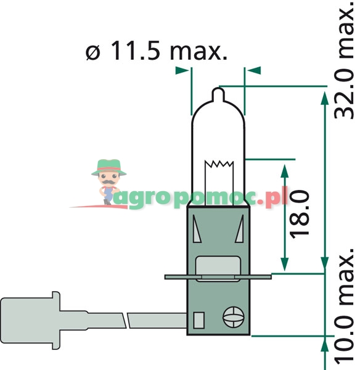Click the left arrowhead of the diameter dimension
coord(182,70)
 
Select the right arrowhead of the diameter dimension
coord(253,70)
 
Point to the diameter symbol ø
coord(93,52)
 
